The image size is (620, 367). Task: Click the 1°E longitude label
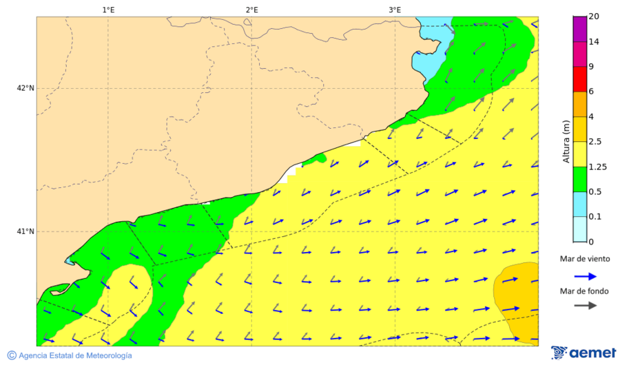108,10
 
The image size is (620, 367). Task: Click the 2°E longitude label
251,10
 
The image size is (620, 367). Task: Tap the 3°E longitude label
395,10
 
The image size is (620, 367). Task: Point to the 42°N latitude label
25,88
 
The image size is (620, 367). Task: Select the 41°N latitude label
25,231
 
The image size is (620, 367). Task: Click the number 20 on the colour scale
594,17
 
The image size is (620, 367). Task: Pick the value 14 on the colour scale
594,42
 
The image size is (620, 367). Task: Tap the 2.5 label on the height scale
596,142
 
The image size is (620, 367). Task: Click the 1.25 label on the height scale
598,167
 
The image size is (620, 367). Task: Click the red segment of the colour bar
579,79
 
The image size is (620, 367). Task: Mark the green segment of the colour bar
579,179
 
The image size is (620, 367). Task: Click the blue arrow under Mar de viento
585,276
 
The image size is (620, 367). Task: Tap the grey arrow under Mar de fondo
585,306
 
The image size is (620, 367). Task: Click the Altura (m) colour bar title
566,141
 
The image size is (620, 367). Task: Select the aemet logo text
592,353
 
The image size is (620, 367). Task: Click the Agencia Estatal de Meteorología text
75,355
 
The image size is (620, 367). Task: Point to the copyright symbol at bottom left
11,355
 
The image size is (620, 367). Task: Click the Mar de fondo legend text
584,291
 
